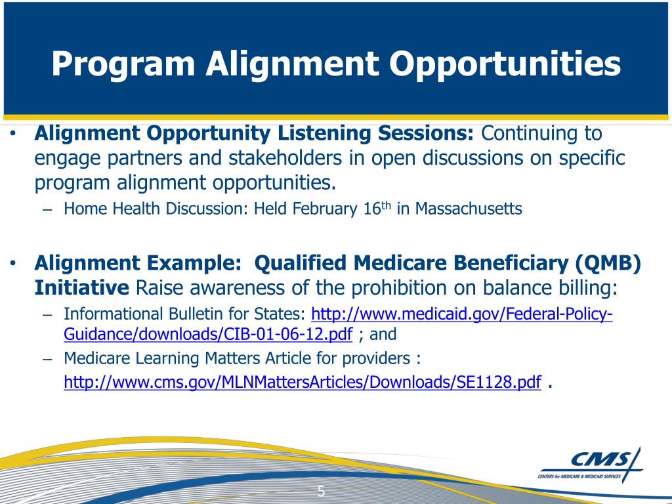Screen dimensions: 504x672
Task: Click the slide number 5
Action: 322,491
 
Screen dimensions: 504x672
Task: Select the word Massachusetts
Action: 469,209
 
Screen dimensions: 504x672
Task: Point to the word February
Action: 318,209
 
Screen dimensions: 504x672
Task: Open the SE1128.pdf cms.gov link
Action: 303,383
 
